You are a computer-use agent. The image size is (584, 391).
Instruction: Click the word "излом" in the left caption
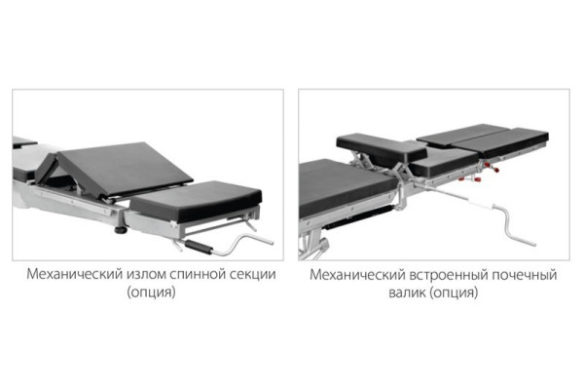point(146,274)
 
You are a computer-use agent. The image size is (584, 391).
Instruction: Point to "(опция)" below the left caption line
point(151,292)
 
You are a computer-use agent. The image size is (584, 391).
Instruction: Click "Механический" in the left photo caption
point(75,274)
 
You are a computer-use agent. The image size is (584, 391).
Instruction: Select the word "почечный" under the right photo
point(525,275)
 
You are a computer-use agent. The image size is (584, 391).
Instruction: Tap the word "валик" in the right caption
point(407,293)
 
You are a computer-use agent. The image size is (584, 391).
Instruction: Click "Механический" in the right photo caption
point(357,275)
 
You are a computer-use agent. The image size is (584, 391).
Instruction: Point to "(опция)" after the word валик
point(454,293)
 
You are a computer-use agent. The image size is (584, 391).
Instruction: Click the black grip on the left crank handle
point(199,247)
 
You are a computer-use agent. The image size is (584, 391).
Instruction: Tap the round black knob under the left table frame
point(121,229)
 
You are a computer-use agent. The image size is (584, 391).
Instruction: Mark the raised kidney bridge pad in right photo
point(381,149)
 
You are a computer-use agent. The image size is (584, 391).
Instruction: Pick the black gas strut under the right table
point(357,217)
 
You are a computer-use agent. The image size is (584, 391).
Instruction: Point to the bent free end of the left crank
point(263,240)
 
